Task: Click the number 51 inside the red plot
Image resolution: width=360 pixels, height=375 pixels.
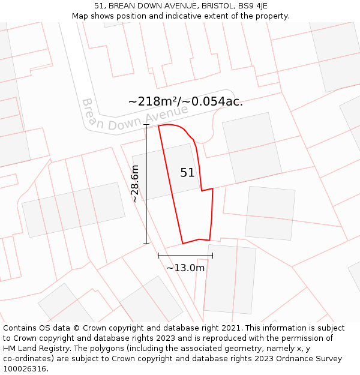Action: pyautogui.click(x=187, y=173)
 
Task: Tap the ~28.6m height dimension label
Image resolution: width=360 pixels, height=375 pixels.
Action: pyautogui.click(x=135, y=184)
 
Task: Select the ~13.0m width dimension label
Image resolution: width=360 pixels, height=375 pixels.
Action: pyautogui.click(x=185, y=268)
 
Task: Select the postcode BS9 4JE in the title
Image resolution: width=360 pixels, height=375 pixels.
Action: pyautogui.click(x=254, y=6)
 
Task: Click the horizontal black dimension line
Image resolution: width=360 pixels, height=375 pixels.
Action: pyautogui.click(x=185, y=256)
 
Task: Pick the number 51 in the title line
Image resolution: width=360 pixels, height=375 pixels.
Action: pyautogui.click(x=99, y=6)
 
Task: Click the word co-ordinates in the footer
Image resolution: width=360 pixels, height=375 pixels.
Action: pyautogui.click(x=28, y=359)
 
